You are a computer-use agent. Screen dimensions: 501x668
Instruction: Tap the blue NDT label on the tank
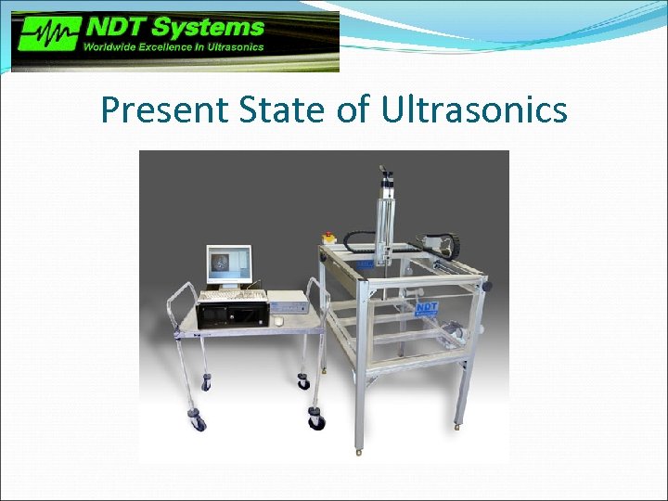pyautogui.click(x=425, y=306)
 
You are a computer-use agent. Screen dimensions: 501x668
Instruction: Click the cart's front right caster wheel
pyautogui.click(x=317, y=421)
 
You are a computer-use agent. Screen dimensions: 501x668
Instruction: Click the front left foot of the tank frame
pyautogui.click(x=359, y=449)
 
